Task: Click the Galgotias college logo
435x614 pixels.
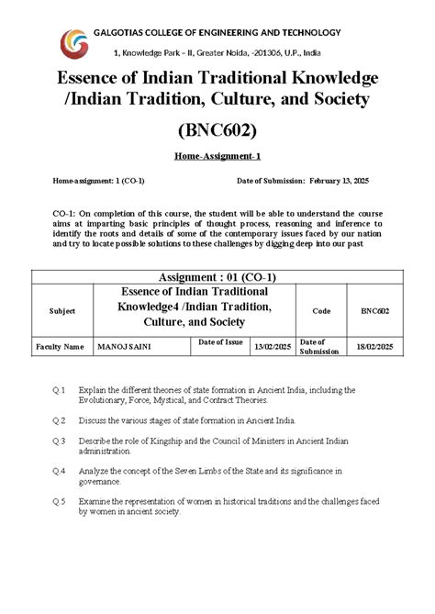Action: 74,42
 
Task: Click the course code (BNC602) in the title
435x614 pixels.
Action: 217,129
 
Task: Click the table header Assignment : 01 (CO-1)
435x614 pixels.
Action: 217,277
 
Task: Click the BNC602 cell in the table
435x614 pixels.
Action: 375,312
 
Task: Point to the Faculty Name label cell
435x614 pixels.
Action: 60,347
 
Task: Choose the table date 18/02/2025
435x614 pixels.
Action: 375,347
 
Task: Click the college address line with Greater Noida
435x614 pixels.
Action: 217,54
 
